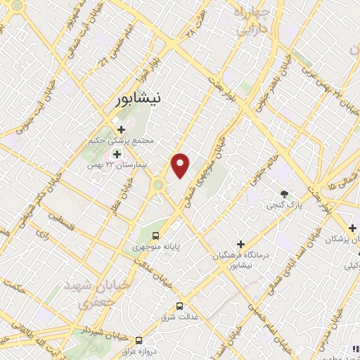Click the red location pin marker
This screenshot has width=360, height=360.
point(181,165)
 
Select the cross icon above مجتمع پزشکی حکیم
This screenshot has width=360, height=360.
point(122,129)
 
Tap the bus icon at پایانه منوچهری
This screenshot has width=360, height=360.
point(156,236)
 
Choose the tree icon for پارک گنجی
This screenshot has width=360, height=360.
point(285,194)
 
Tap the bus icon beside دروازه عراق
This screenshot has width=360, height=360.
point(139,340)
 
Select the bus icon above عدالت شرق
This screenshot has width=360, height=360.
point(179,306)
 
